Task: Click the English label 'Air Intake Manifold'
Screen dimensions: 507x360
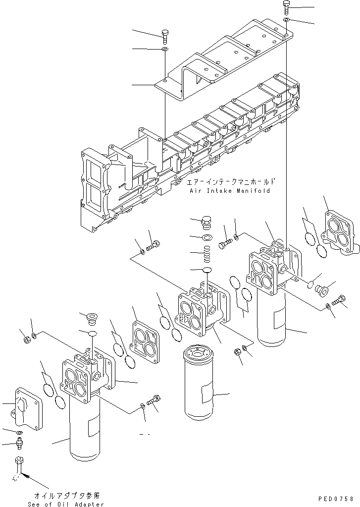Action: (229, 191)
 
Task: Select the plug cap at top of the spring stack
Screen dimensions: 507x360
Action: (207, 223)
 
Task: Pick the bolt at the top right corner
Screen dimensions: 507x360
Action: (287, 6)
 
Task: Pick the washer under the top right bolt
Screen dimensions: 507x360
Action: (287, 19)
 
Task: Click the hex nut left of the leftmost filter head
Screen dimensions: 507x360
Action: (25, 339)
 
